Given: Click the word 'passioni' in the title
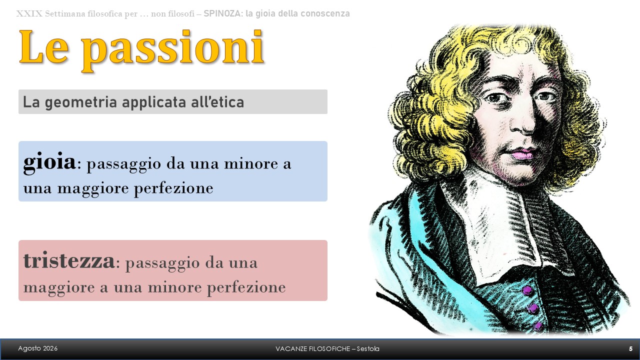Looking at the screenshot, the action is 172,50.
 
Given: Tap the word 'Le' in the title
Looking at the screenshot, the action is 43,46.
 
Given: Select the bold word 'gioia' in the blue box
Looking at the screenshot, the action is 49,162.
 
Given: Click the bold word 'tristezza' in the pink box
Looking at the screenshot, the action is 69,260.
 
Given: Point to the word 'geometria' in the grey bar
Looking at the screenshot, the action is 81,103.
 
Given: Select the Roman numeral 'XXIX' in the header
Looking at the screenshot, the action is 29,13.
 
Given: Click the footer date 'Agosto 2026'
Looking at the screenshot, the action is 37,348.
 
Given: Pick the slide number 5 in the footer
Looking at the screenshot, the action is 630,349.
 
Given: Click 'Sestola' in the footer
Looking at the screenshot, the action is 368,349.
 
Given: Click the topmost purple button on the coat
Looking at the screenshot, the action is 527,290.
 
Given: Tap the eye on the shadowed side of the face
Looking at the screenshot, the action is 545,97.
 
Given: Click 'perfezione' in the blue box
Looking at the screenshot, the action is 173,189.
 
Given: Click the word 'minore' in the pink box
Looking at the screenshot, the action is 175,287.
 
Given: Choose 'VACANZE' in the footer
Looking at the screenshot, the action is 288,349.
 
